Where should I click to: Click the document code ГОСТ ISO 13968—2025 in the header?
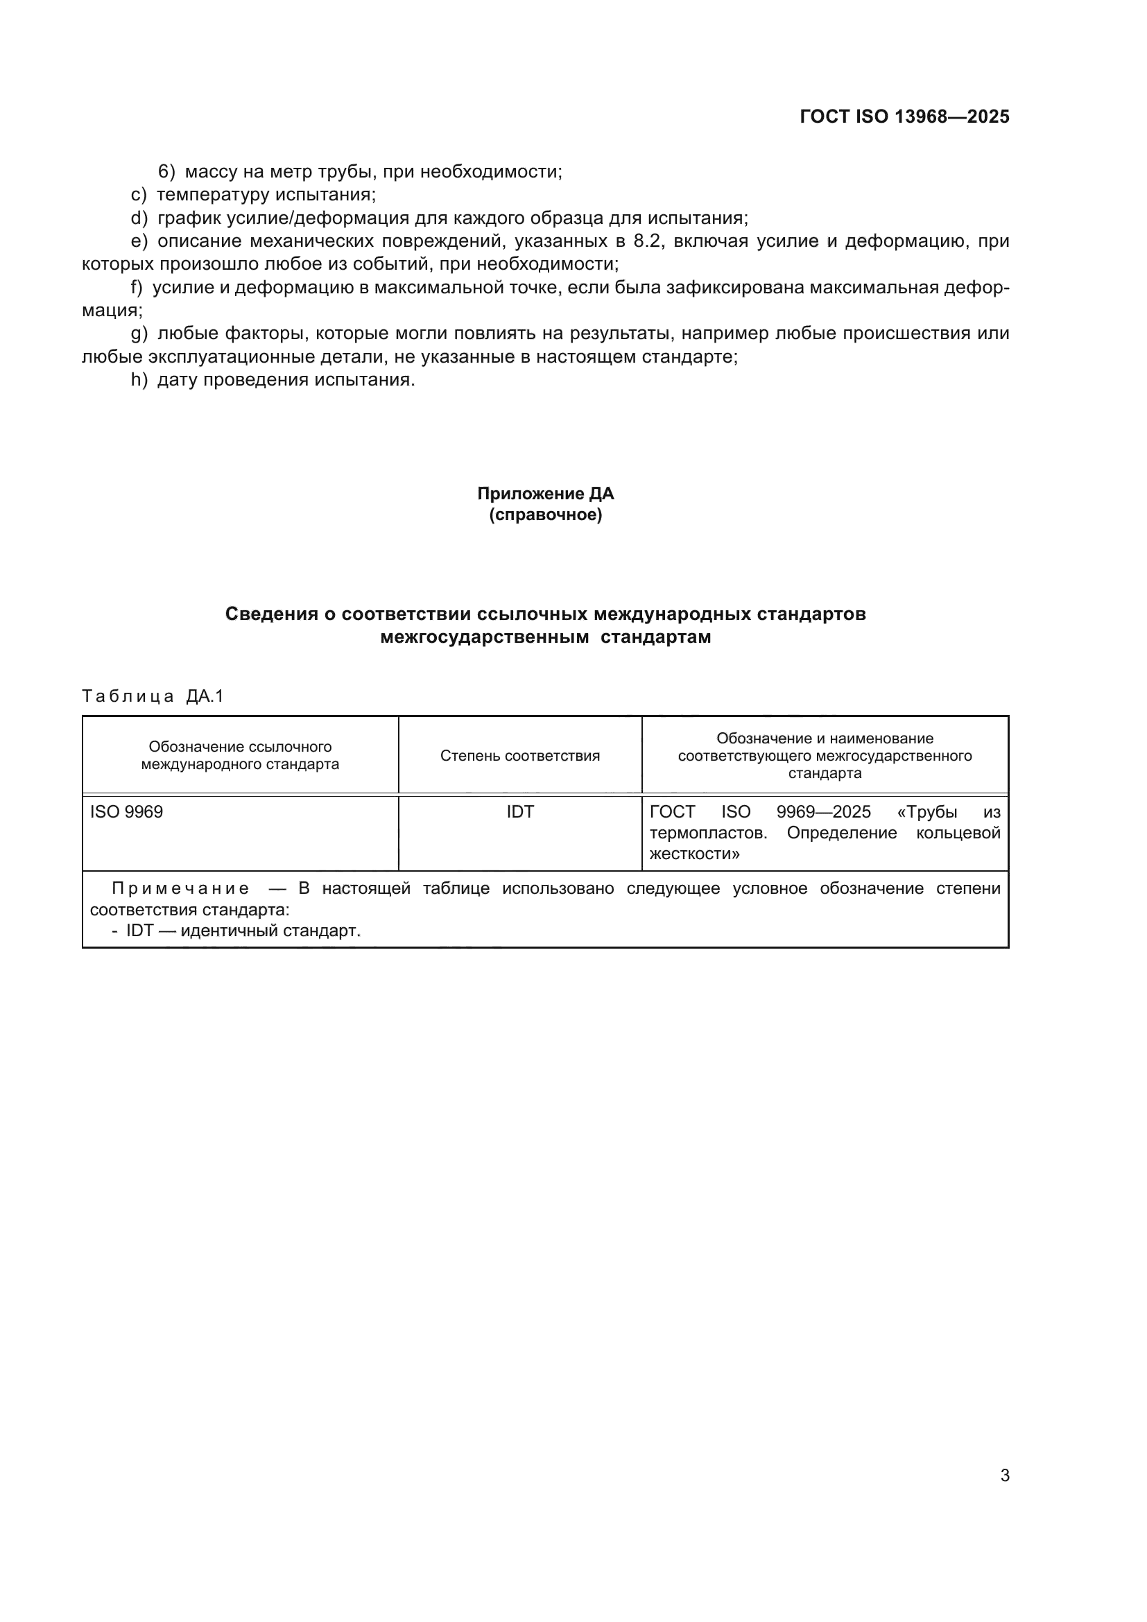pos(904,117)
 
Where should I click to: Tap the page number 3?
pos(1004,1475)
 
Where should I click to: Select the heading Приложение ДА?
pos(545,493)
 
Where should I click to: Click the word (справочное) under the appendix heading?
pos(545,515)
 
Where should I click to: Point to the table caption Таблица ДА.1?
pos(153,696)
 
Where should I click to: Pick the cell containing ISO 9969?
pos(126,812)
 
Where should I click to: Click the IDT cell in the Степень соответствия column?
pos(520,812)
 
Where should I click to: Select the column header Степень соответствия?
pos(520,756)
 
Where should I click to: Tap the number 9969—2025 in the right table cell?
pos(823,812)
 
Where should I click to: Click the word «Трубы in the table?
pos(926,812)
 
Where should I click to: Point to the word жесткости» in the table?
pos(694,854)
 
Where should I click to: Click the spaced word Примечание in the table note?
pos(181,889)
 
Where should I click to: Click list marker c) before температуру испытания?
pos(139,194)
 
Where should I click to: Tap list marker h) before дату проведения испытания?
pos(139,380)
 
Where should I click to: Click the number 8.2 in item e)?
pos(648,241)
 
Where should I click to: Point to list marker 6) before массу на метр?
pos(166,172)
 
